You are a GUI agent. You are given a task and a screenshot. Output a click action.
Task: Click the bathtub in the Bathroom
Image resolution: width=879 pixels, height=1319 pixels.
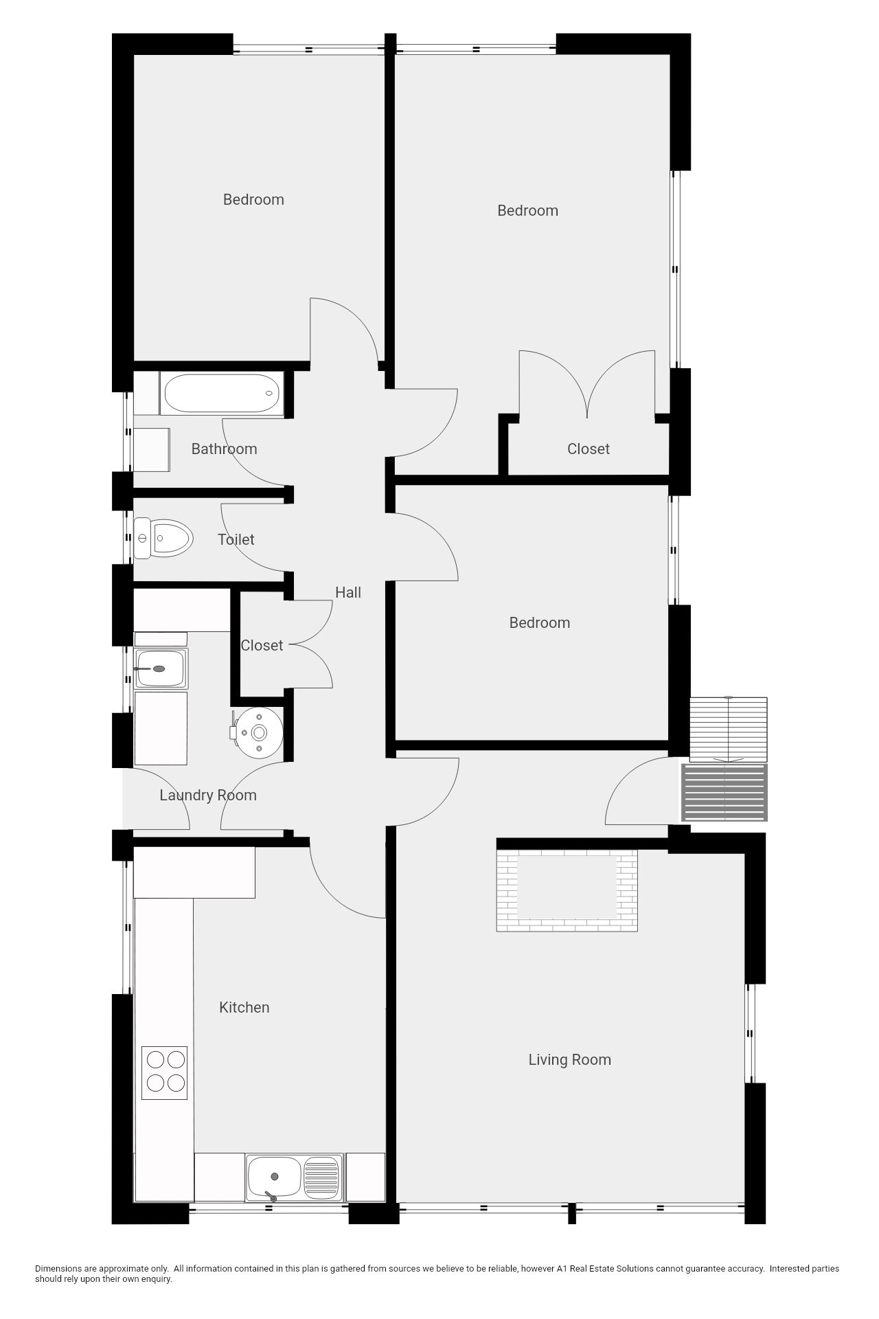pos(222,394)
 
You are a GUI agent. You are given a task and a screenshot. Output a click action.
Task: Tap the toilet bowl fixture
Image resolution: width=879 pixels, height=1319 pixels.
pos(163,537)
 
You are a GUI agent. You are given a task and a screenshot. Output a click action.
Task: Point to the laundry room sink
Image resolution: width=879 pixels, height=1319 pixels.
pos(161,668)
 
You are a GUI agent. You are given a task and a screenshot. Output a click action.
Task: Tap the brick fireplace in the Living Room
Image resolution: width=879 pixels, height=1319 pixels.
pos(567,890)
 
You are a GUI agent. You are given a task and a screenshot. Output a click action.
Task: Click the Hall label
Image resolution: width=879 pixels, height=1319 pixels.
pos(348,592)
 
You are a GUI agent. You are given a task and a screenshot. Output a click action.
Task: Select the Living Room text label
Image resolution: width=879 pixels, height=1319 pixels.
pos(570,1059)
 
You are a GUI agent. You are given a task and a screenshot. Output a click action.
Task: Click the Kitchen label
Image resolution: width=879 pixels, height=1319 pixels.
pos(244,1007)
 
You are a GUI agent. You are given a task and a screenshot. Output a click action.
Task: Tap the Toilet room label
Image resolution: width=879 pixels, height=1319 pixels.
pos(236,539)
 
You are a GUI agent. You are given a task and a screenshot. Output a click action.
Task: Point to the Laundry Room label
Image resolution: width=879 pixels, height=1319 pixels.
pos(208,795)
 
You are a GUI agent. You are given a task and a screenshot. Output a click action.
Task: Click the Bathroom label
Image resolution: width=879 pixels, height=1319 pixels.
pos(225,449)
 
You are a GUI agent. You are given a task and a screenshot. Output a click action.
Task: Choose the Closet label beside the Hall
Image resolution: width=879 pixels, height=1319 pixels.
pos(262,645)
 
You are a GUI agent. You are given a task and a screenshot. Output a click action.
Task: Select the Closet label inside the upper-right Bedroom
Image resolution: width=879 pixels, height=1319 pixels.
pos(589,449)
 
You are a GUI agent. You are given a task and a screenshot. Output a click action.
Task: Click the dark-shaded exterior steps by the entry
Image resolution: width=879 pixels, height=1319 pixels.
pos(724,792)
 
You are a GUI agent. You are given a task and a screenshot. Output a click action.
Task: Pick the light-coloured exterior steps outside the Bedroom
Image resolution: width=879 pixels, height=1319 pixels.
pos(729,730)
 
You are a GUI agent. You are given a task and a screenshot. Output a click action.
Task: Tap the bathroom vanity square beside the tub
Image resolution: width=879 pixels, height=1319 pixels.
pos(151,450)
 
